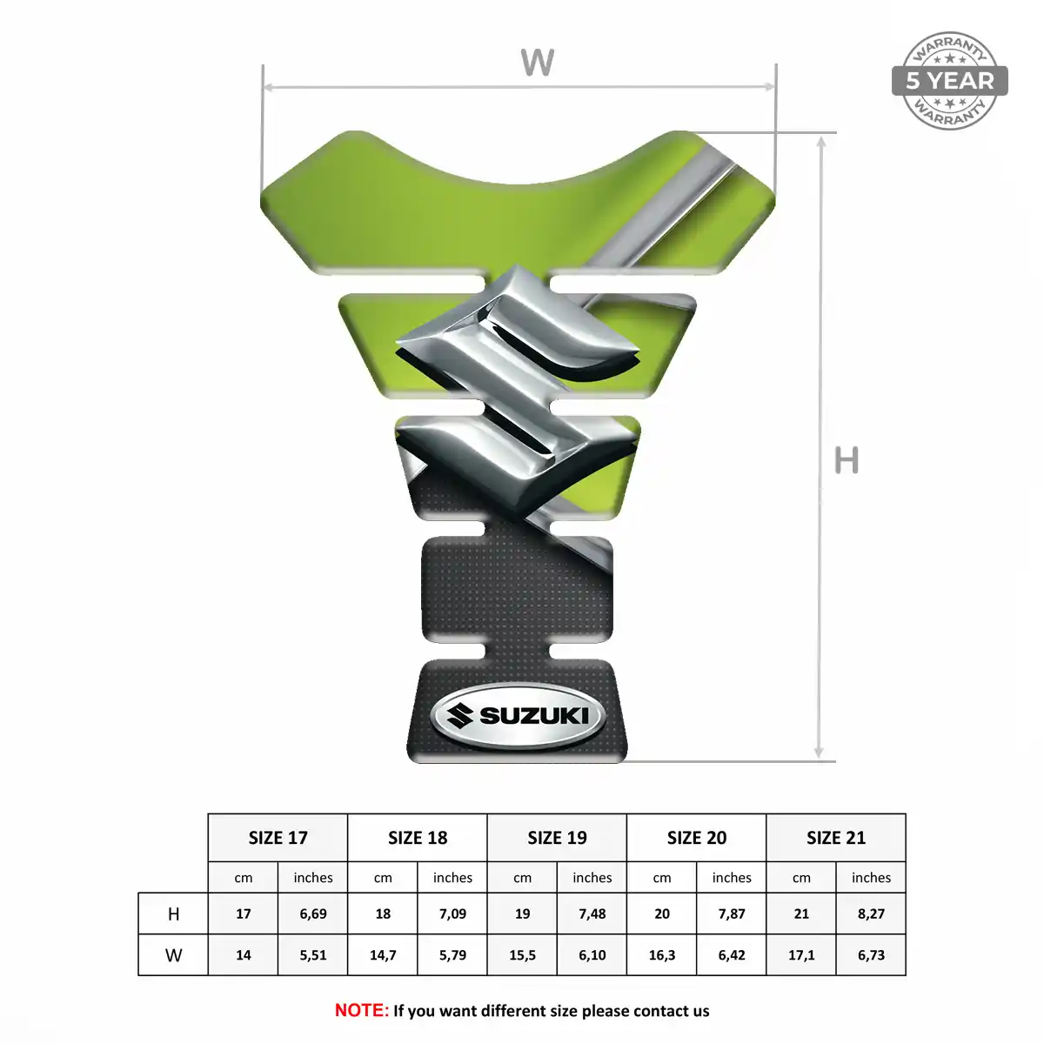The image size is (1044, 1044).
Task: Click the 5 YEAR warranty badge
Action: [x=949, y=81]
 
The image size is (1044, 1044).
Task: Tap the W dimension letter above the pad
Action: [x=538, y=63]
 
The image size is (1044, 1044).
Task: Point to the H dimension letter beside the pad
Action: [x=847, y=460]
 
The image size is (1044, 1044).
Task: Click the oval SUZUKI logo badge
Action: [x=518, y=716]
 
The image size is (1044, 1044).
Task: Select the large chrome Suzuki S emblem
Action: [x=518, y=390]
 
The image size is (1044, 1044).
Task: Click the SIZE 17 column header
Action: [x=278, y=838]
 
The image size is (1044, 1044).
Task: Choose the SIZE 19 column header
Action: [x=557, y=838]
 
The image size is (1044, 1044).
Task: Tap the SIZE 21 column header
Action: [x=836, y=838]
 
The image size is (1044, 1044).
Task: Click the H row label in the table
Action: [x=173, y=914]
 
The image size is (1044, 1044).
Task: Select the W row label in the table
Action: [x=173, y=955]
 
